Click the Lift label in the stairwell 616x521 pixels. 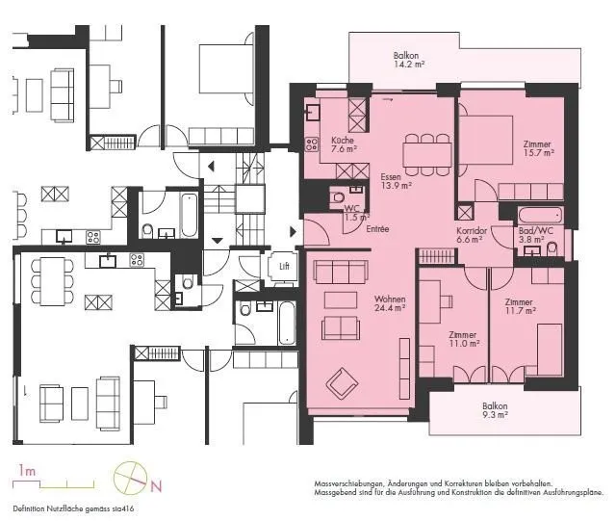(x=285, y=266)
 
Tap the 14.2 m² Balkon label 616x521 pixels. (x=409, y=60)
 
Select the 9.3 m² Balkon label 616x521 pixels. (x=495, y=410)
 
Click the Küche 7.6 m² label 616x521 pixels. (x=344, y=144)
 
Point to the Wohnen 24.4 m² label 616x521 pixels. (x=390, y=303)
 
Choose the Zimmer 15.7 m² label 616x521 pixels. (x=538, y=148)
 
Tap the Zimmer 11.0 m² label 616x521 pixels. (x=464, y=339)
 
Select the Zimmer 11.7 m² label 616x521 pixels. (x=520, y=306)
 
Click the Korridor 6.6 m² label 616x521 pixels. (x=472, y=235)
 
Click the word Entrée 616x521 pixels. (x=377, y=229)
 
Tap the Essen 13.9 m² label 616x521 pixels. (x=396, y=181)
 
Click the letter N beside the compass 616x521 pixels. (x=156, y=486)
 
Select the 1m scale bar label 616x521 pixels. (x=27, y=470)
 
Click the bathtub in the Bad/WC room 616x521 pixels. (x=540, y=216)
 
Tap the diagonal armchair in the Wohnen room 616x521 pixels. (x=342, y=382)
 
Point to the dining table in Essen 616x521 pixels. (x=427, y=154)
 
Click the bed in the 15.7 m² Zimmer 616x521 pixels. (x=486, y=140)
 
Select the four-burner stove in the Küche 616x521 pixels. (x=312, y=143)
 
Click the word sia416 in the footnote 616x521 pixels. (x=125, y=508)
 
